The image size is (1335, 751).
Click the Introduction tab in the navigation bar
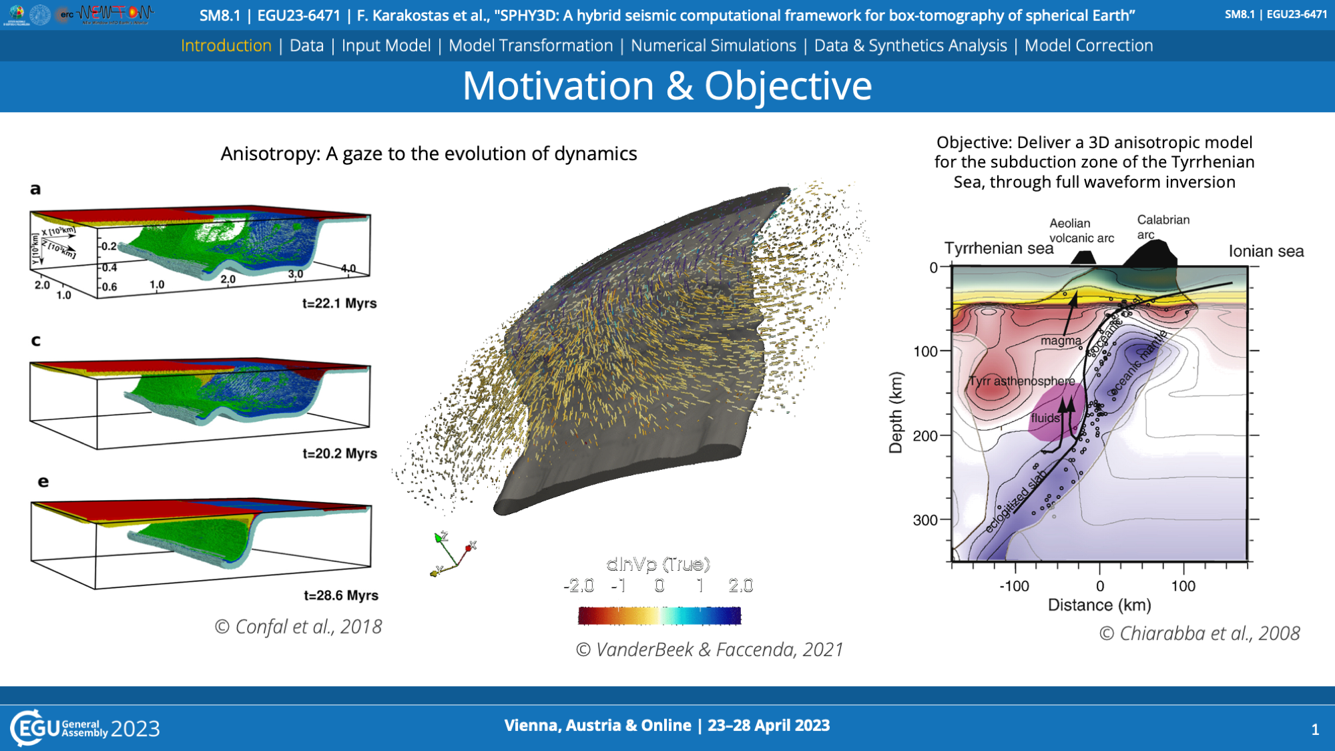tap(226, 45)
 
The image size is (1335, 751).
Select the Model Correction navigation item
tap(1088, 45)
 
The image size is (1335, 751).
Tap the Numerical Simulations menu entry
tap(713, 45)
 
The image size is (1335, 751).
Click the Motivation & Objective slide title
tap(667, 86)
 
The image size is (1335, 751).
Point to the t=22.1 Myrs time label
tap(339, 303)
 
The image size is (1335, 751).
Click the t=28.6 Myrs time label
tap(340, 595)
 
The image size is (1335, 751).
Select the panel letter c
tap(36, 340)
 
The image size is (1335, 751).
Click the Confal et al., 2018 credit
tap(298, 627)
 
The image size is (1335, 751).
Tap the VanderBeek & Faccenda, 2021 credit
tap(710, 650)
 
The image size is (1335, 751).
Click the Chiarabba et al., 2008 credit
tap(1199, 634)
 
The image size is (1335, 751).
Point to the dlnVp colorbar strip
tap(659, 615)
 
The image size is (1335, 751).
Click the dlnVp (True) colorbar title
tap(658, 565)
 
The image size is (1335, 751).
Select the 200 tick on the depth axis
tap(925, 436)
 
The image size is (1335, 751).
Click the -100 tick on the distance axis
tap(1014, 586)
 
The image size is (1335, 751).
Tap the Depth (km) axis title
tap(896, 413)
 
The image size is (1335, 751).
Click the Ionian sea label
tap(1266, 252)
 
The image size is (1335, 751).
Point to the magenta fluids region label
tap(1045, 419)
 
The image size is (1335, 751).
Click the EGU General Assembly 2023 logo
tap(85, 728)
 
